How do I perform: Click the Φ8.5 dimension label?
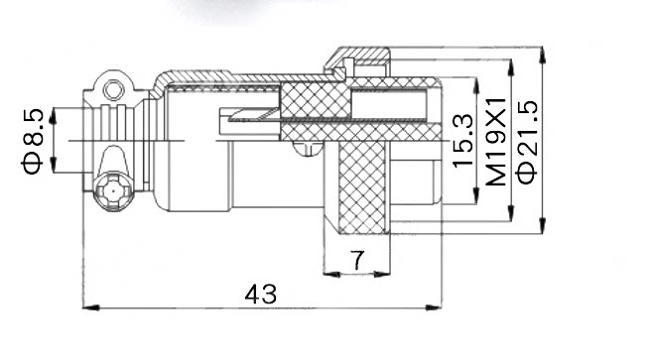click(x=33, y=141)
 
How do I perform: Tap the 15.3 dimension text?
click(x=462, y=141)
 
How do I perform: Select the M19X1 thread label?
click(x=496, y=142)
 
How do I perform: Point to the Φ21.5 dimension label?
click(x=527, y=142)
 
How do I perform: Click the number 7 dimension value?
click(x=357, y=260)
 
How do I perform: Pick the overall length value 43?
click(x=261, y=295)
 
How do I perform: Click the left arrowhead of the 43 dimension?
click(x=91, y=307)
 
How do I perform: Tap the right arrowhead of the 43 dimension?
click(x=434, y=307)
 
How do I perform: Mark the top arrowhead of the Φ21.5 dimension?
click(x=542, y=55)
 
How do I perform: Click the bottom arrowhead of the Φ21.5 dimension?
click(x=542, y=225)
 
